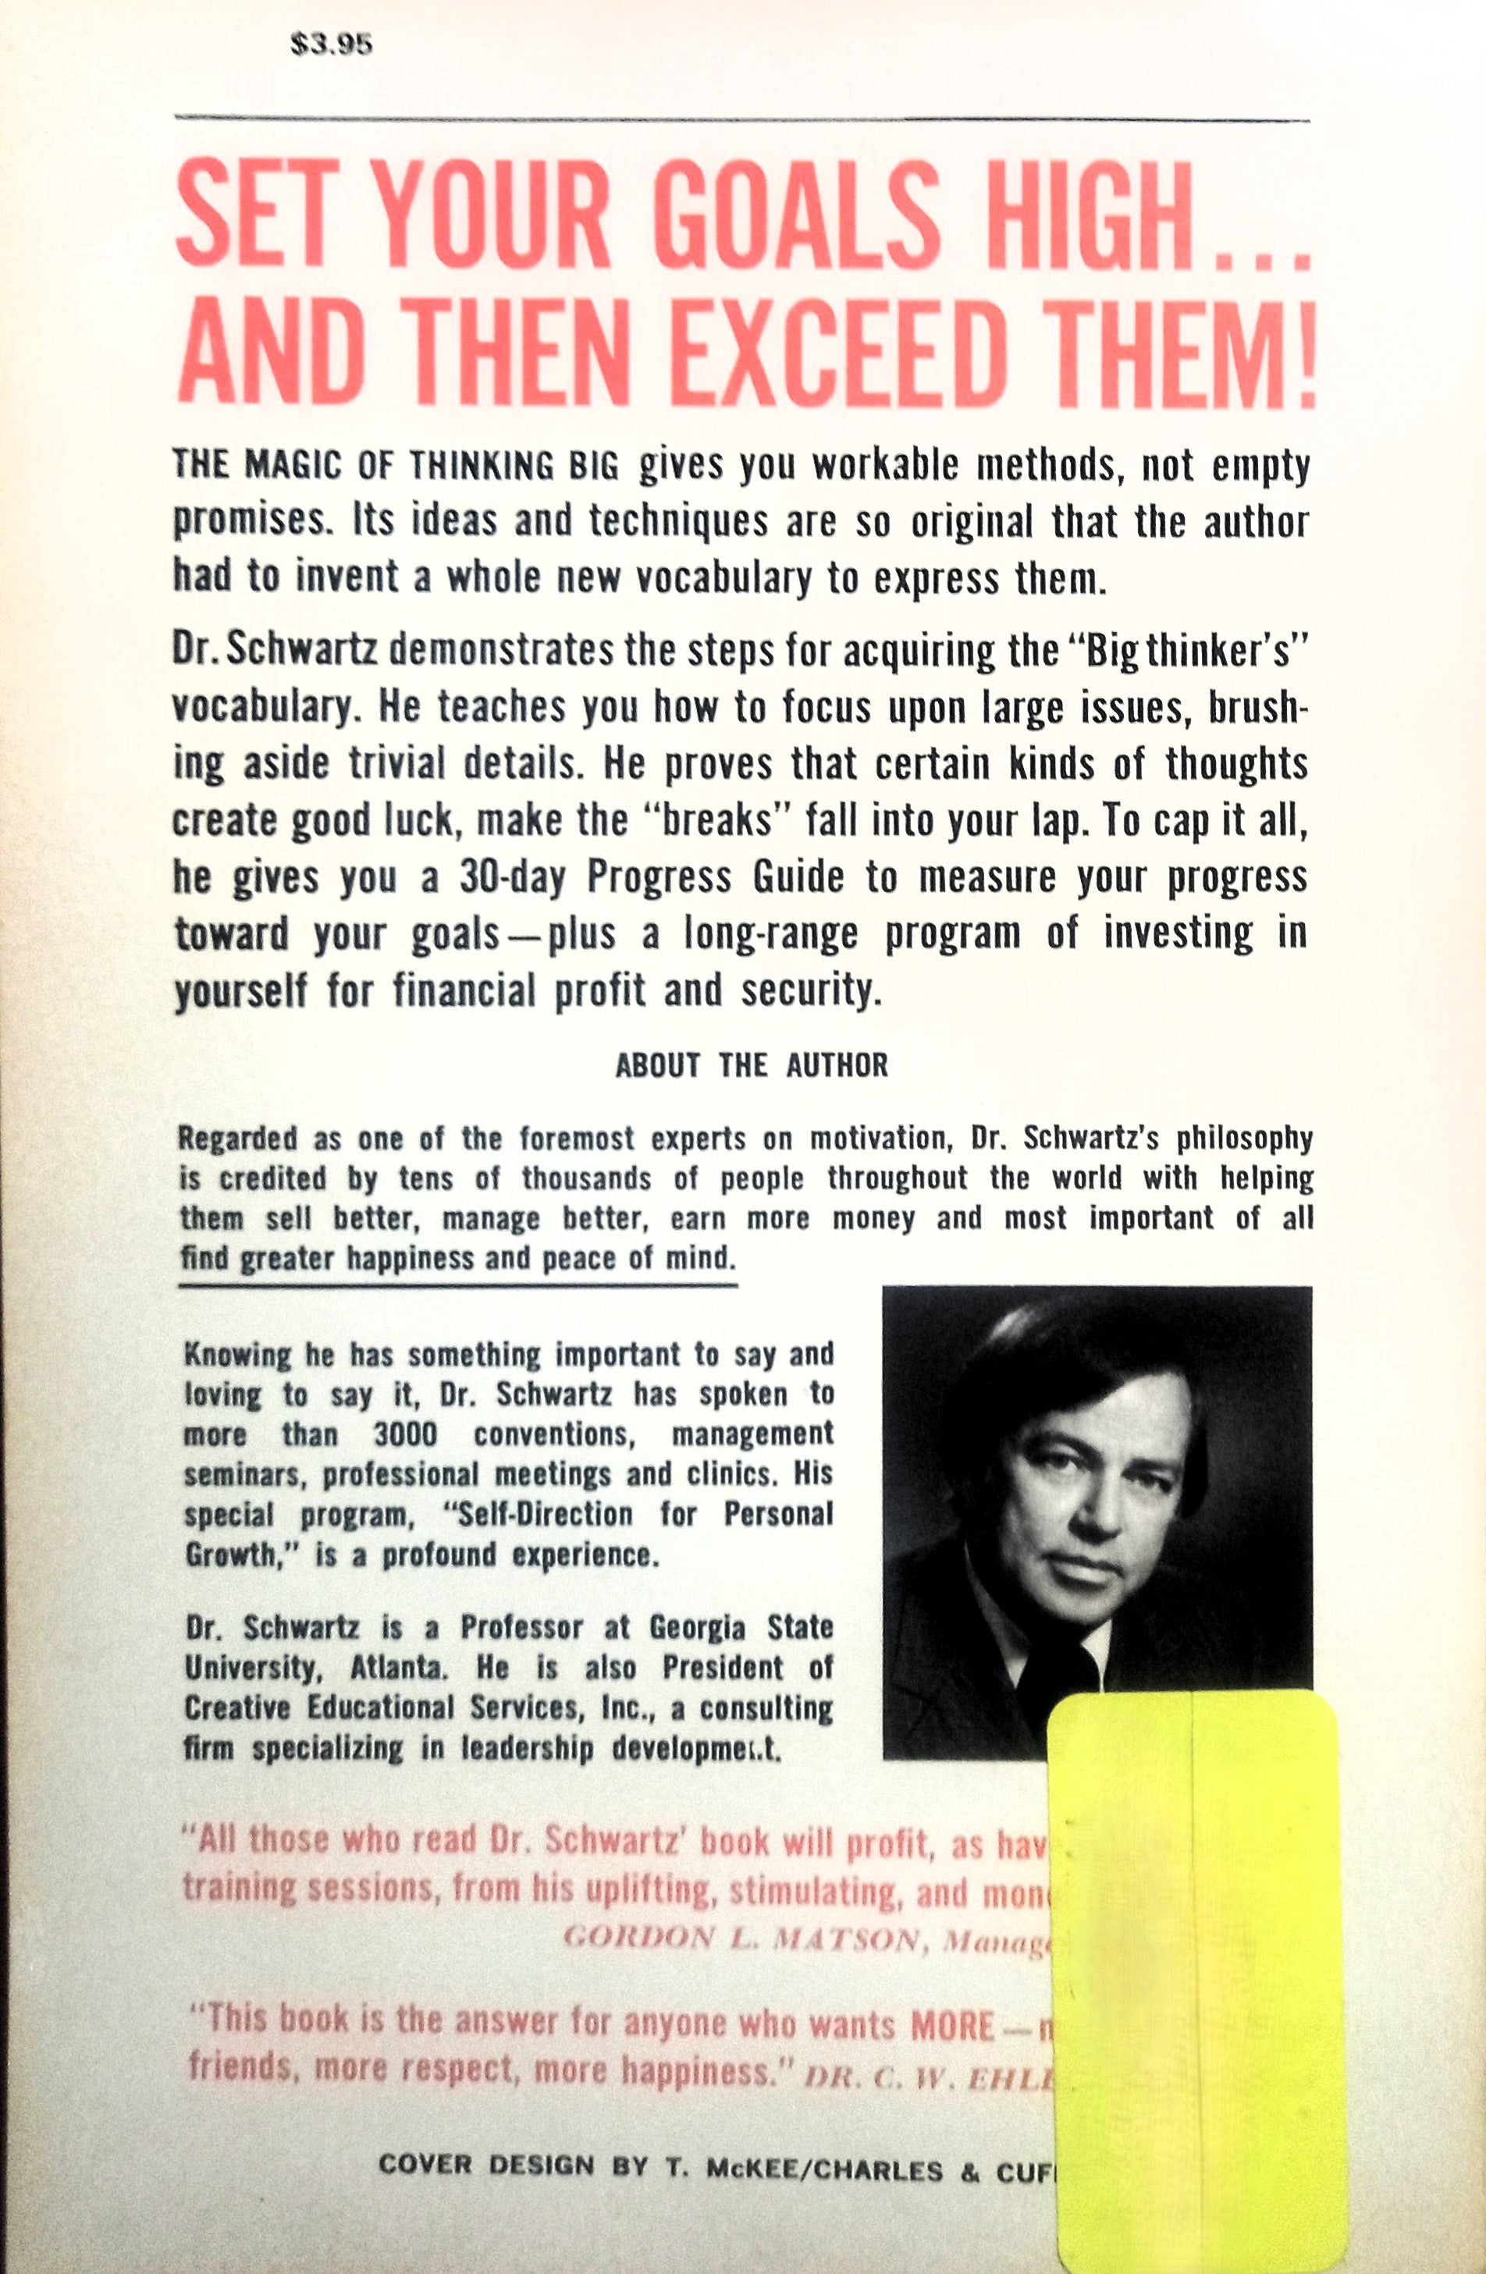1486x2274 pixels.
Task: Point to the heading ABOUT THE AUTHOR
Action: (x=751, y=1065)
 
